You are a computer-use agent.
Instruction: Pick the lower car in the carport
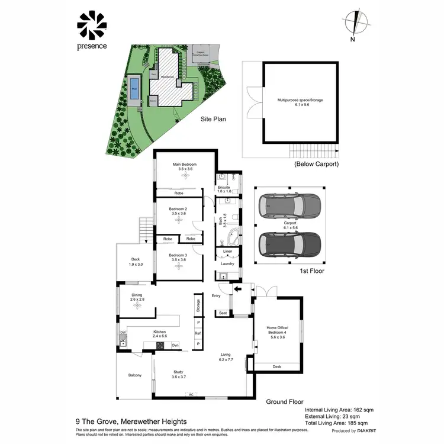click(289, 243)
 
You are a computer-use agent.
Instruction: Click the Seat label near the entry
click(223, 313)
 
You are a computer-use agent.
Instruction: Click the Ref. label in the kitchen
click(198, 333)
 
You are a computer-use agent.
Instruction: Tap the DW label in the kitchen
click(123, 333)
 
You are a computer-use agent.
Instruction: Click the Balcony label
click(135, 375)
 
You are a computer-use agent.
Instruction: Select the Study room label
click(179, 373)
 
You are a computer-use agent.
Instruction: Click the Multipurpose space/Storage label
click(300, 101)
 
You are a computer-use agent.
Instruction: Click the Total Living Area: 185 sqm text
click(336, 423)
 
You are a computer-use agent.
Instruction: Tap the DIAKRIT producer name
click(366, 431)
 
